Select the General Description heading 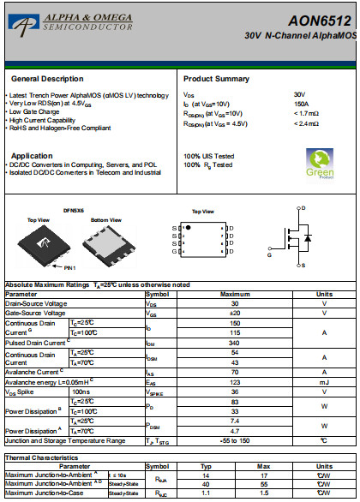47,78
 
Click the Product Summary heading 216,78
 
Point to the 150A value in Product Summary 301,103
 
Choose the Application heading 32,156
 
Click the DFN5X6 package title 74,211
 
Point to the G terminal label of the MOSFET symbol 269,254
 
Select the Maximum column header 234,294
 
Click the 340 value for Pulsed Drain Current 234,343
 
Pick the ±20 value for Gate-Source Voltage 234,313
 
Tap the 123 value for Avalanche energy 234,382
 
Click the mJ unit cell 324,382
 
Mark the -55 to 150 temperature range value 234,440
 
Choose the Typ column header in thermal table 206,467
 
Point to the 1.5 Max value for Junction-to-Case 265,493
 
